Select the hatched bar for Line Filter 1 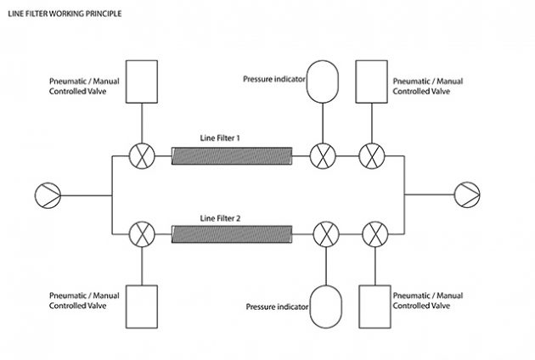pyautogui.click(x=231, y=155)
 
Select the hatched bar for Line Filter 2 pyautogui.click(x=231, y=233)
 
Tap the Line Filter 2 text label pyautogui.click(x=220, y=218)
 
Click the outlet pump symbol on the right pyautogui.click(x=467, y=194)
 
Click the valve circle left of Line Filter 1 pyautogui.click(x=140, y=155)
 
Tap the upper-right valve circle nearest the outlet pyautogui.click(x=371, y=155)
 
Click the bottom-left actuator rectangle pyautogui.click(x=140, y=307)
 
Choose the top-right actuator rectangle pyautogui.click(x=371, y=81)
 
